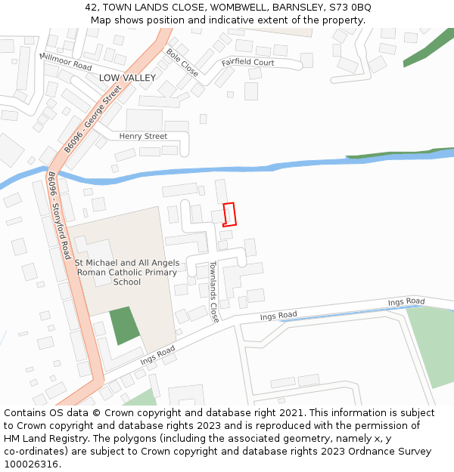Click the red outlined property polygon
click(x=229, y=214)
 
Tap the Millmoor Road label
click(x=65, y=62)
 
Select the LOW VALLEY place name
click(x=127, y=78)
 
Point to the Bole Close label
click(x=182, y=63)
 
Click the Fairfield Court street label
click(x=247, y=63)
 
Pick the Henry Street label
click(x=143, y=136)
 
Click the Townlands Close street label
click(x=214, y=292)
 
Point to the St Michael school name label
click(x=127, y=273)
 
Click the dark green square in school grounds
click(x=125, y=325)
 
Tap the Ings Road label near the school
click(x=157, y=355)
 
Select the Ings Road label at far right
click(x=406, y=302)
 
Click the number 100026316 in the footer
click(x=31, y=464)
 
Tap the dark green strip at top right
click(x=428, y=49)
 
